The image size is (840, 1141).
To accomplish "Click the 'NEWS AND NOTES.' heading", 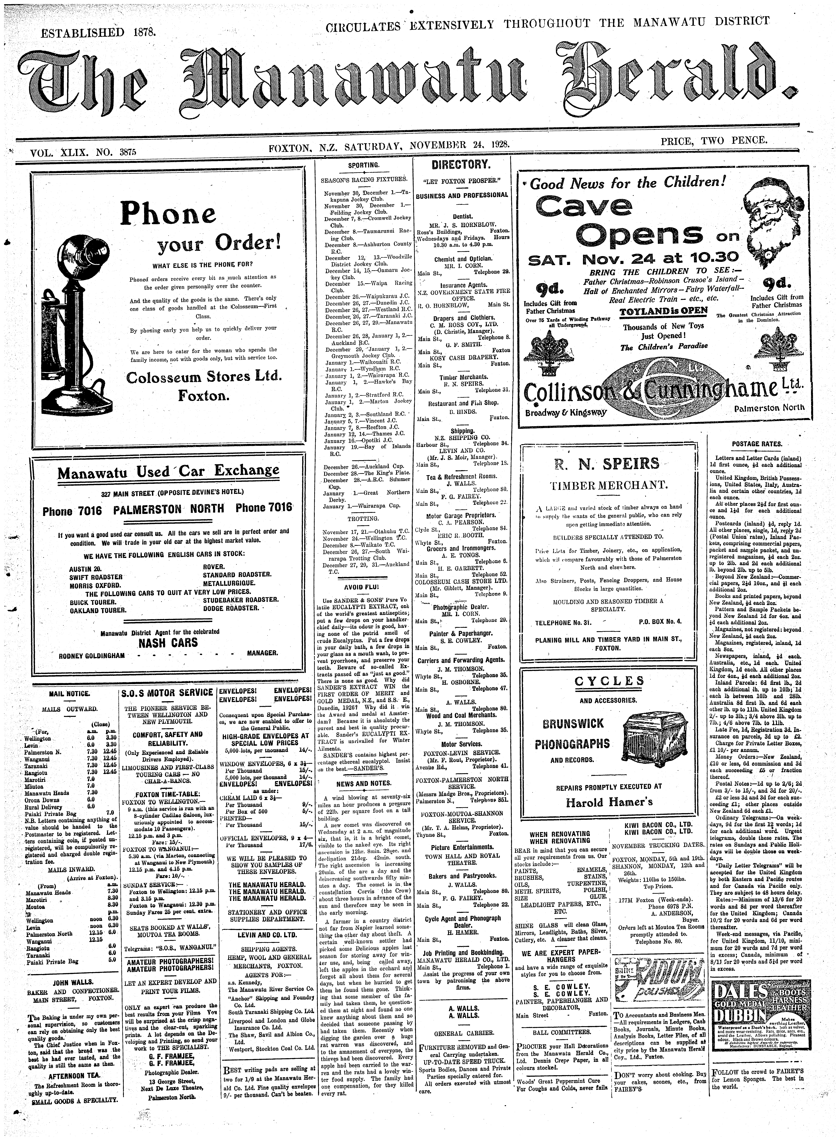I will tap(363, 783).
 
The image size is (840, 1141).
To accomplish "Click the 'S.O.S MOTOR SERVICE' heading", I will tap(168, 693).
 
